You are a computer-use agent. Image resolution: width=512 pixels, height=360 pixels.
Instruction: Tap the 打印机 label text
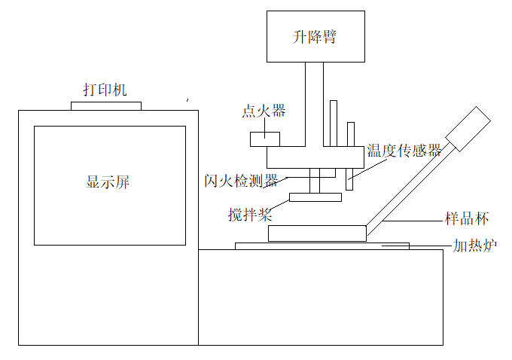pos(105,90)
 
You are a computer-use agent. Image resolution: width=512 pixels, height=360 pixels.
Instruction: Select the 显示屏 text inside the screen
pos(109,182)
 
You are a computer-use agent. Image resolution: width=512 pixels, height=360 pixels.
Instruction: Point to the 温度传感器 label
pos(404,151)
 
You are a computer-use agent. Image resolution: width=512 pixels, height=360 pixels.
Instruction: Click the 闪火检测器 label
pos(241,181)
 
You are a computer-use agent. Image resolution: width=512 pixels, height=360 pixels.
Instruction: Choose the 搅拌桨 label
pos(250,214)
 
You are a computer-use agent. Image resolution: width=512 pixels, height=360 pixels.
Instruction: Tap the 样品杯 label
pos(468,220)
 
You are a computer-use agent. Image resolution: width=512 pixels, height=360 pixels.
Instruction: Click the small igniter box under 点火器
pos(265,139)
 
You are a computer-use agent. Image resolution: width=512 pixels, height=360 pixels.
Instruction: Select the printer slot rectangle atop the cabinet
pos(105,105)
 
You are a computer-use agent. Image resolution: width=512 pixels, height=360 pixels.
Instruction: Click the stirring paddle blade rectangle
pos(315,197)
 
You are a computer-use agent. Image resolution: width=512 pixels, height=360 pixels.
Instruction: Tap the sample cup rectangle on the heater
pos(317,233)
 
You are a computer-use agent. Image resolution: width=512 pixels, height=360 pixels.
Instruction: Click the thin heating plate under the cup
pos(322,246)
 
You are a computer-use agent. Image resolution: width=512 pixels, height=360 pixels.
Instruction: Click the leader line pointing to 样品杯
pos(414,221)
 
